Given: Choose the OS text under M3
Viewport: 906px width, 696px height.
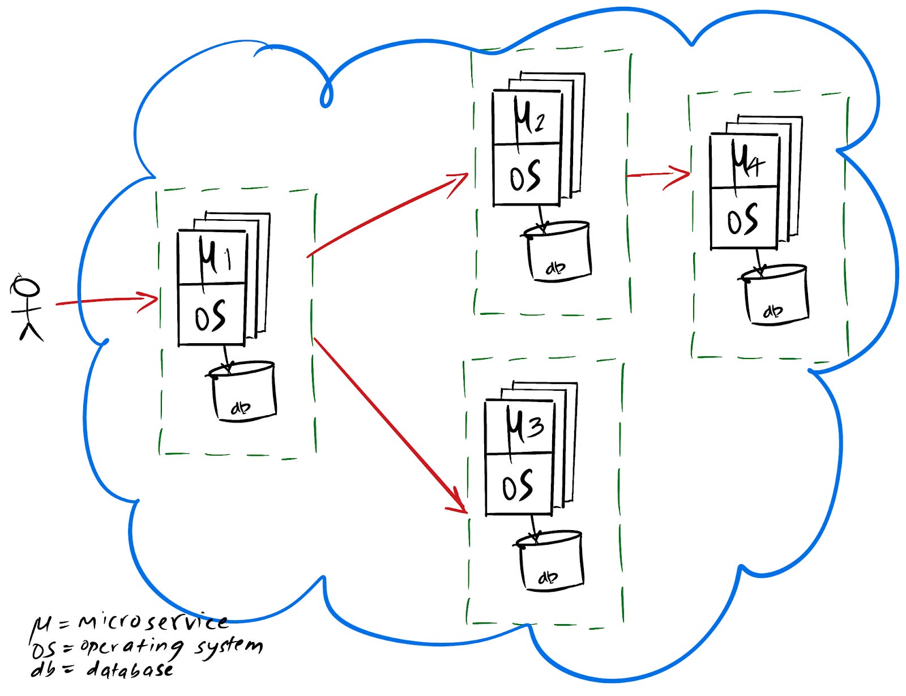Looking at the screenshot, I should [x=518, y=486].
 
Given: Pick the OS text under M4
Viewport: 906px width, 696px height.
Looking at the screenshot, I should [x=742, y=220].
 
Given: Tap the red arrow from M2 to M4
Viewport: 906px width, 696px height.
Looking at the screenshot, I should [x=657, y=174].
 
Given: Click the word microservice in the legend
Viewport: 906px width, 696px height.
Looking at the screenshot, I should [x=153, y=622].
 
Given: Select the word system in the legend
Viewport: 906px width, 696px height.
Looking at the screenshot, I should [x=229, y=647].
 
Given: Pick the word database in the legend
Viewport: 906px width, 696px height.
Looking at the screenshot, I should [x=130, y=670].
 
